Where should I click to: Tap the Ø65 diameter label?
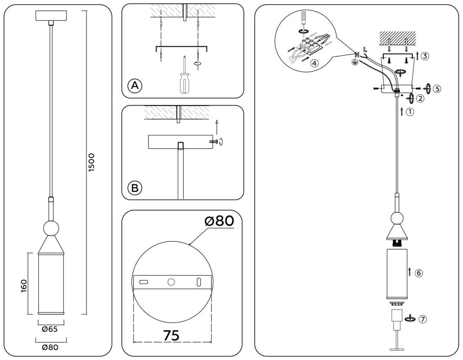[50, 329]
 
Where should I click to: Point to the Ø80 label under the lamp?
[50, 347]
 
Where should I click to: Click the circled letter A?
[135, 86]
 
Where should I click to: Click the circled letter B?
[135, 188]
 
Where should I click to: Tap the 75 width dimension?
[171, 335]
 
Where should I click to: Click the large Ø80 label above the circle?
[219, 221]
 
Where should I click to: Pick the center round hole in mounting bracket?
[171, 282]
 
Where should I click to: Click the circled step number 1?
[409, 112]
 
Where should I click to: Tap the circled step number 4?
[314, 63]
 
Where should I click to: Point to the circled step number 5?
[437, 89]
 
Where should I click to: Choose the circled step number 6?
[419, 273]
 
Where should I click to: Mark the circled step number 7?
[422, 319]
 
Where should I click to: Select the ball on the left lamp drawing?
[51, 229]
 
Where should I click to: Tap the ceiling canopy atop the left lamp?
[51, 15]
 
